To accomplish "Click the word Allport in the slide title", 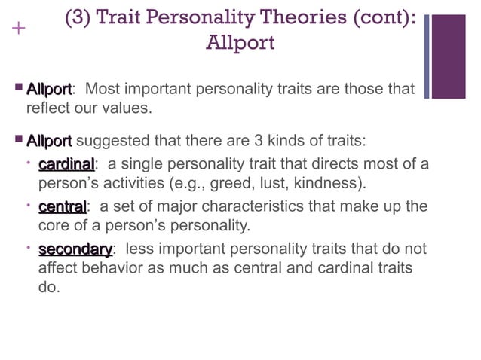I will [x=240, y=43].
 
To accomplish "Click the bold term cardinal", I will [x=66, y=164].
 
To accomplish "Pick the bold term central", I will [x=63, y=206].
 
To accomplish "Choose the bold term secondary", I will [x=75, y=249].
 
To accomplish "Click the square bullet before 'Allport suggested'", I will [x=17, y=140].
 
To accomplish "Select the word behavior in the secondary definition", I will [x=103, y=267].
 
